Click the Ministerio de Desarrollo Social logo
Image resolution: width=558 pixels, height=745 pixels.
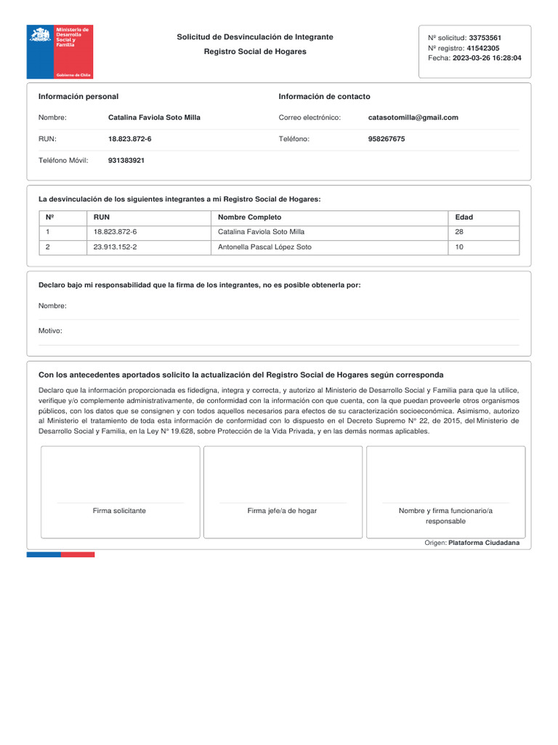point(60,52)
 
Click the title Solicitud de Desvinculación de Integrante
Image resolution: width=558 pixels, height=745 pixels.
point(255,36)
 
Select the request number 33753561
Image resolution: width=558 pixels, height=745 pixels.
point(485,38)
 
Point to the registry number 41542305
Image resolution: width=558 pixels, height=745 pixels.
point(482,48)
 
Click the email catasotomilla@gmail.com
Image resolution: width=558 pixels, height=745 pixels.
point(413,117)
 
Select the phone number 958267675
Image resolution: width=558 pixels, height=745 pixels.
point(387,139)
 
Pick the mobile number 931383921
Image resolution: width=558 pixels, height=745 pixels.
point(126,160)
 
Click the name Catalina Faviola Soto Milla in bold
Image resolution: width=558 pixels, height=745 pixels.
point(154,117)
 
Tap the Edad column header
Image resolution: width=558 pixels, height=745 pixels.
point(464,218)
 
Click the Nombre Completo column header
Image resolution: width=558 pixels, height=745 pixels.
point(249,218)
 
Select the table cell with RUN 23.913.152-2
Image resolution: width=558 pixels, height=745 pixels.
point(115,247)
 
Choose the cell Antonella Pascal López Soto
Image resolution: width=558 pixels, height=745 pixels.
point(264,247)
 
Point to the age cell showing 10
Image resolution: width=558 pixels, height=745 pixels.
point(459,247)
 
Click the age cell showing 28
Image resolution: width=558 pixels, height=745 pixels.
point(459,232)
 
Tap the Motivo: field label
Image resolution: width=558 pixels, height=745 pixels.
point(50,331)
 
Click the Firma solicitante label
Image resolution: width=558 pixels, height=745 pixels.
point(119,511)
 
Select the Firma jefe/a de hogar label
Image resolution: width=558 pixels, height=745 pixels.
point(282,511)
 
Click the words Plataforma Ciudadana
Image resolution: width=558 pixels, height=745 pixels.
point(484,543)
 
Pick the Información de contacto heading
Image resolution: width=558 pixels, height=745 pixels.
point(324,97)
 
